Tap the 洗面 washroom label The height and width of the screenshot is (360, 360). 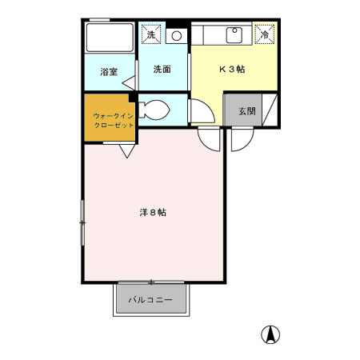coord(162,70)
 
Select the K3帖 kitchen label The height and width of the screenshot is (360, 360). coord(232,69)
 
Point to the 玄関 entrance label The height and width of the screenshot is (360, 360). coord(246,110)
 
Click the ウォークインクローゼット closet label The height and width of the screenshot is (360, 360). coord(111,119)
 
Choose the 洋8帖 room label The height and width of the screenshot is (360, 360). coord(153,213)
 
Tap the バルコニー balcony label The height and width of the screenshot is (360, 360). coord(151,302)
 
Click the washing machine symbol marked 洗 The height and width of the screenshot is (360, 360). coord(150,35)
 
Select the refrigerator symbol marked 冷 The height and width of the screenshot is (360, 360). coord(264,34)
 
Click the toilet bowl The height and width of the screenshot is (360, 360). coord(155,110)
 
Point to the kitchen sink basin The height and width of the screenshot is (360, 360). coord(234,35)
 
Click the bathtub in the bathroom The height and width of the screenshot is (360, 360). coord(110,38)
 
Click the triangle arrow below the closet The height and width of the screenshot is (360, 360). coord(127,150)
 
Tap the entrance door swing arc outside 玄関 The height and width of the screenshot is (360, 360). coord(240,138)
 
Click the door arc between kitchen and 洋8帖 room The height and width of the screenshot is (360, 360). coord(209,138)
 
